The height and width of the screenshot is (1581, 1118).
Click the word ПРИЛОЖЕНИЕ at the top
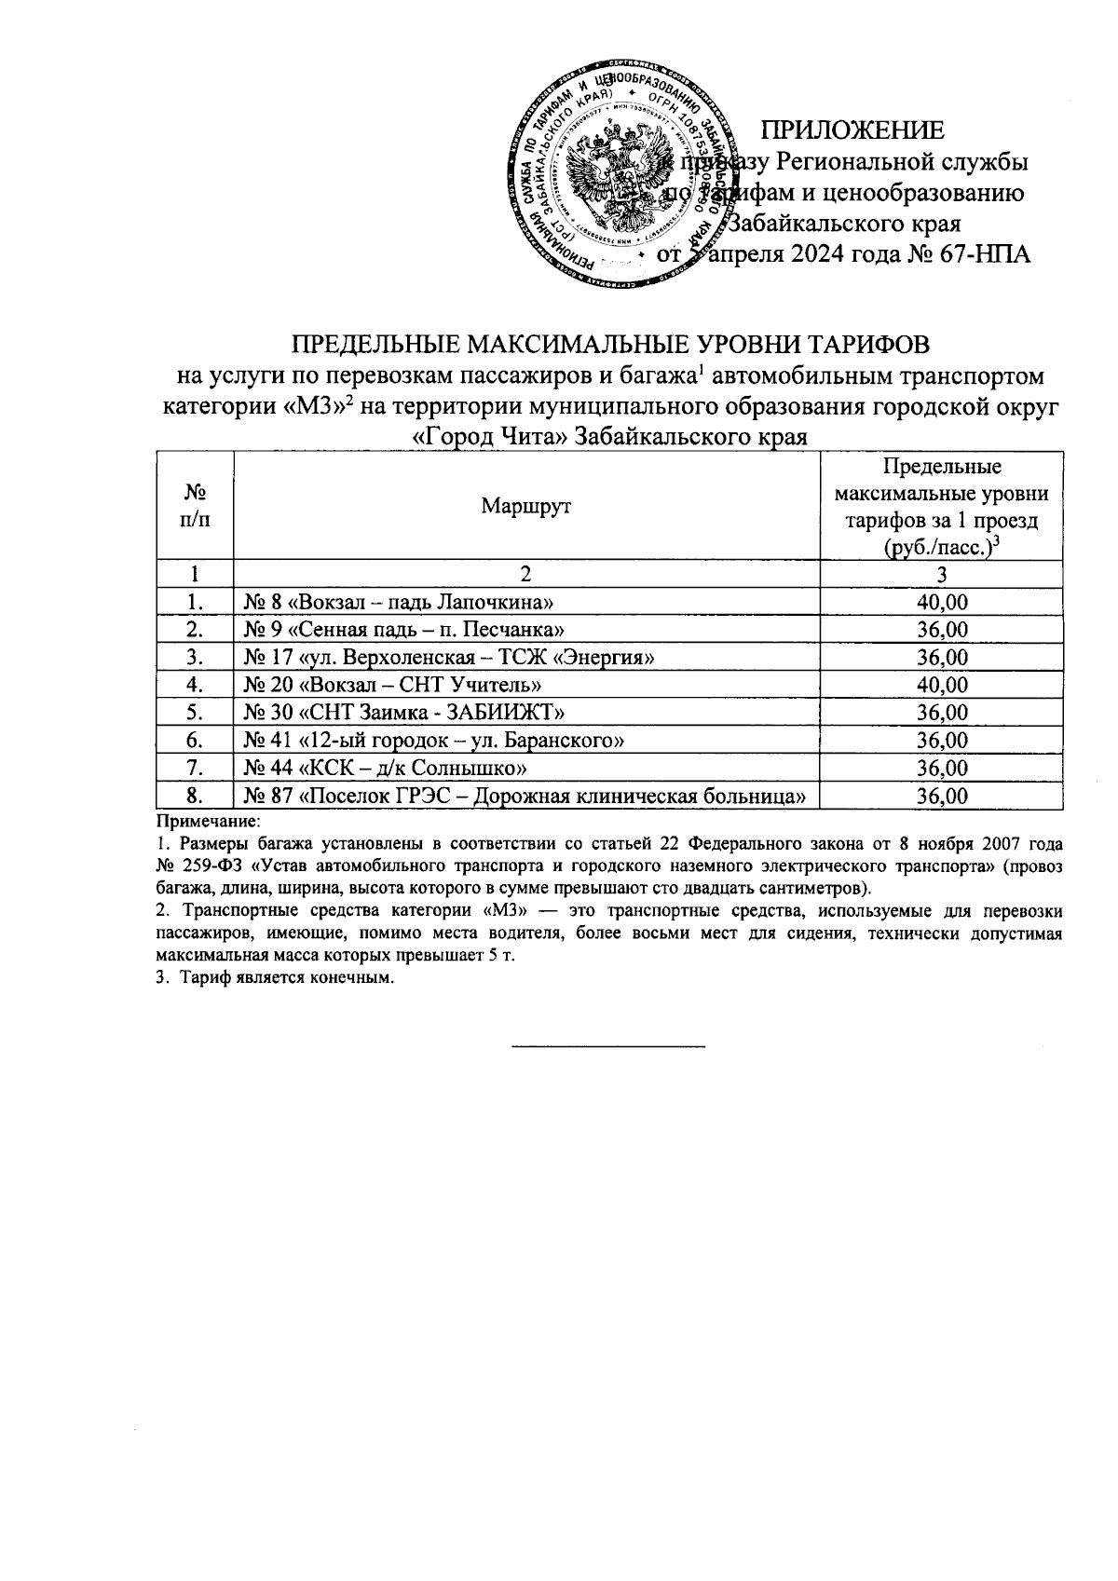point(852,129)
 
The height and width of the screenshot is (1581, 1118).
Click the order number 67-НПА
point(979,254)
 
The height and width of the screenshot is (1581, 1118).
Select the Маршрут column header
point(525,506)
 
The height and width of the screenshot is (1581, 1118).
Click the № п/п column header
point(195,506)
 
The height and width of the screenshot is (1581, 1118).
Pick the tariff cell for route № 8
point(942,602)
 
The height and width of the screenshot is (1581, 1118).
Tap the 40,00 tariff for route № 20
point(942,685)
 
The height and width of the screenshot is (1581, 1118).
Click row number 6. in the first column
point(195,741)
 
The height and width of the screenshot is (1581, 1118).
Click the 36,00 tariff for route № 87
point(942,796)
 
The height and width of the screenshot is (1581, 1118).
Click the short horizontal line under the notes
point(609,1047)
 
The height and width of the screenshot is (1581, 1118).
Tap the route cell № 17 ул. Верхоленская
point(448,658)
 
